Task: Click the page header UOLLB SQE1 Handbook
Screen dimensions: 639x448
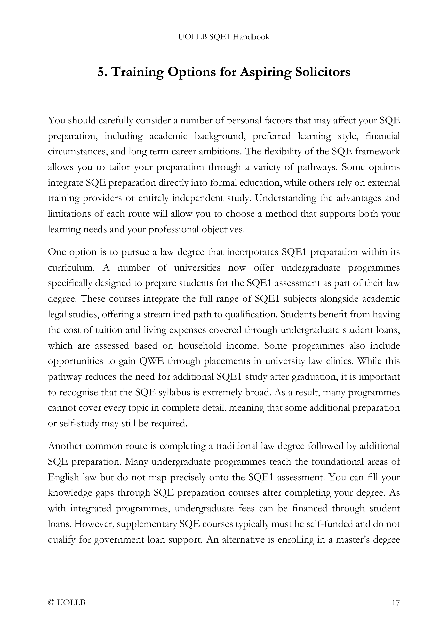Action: point(224,37)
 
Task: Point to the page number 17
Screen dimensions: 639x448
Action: point(396,603)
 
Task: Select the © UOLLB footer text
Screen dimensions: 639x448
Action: point(67,603)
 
